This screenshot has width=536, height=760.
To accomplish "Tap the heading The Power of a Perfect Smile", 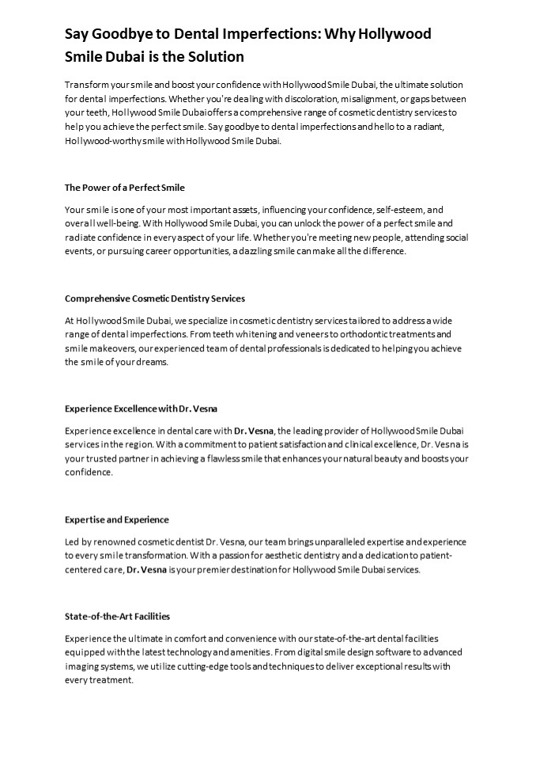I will click(x=124, y=188).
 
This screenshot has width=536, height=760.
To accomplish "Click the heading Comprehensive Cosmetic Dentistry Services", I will click(x=154, y=298).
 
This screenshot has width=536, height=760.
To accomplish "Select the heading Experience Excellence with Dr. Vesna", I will click(x=141, y=408).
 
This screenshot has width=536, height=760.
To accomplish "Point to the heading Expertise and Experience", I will click(x=116, y=519).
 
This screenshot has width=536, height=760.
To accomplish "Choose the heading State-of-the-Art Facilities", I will click(x=117, y=615).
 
